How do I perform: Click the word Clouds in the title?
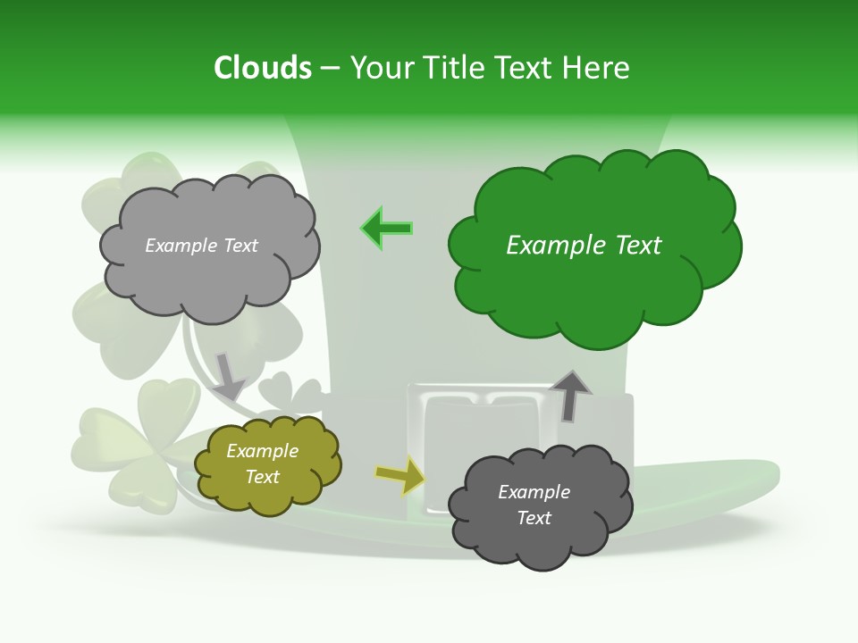[263, 68]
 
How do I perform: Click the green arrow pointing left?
[387, 229]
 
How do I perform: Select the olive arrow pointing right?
[400, 476]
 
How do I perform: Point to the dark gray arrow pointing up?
[570, 395]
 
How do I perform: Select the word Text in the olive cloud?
[263, 477]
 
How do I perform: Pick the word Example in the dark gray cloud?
[534, 492]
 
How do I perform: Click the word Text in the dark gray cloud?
[534, 518]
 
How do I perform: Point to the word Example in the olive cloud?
[263, 452]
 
